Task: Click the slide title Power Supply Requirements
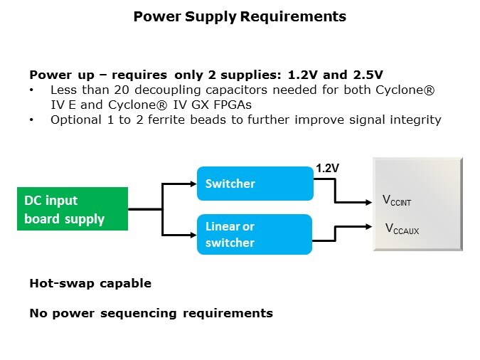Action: pyautogui.click(x=240, y=16)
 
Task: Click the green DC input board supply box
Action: pyautogui.click(x=72, y=209)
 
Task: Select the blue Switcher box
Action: pyautogui.click(x=255, y=184)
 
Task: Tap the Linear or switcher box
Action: pyautogui.click(x=255, y=234)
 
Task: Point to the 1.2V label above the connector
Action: pyautogui.click(x=326, y=168)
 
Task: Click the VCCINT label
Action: pyautogui.click(x=397, y=202)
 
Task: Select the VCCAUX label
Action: pyautogui.click(x=400, y=228)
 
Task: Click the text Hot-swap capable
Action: pyautogui.click(x=90, y=283)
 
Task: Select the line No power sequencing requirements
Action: pyautogui.click(x=151, y=313)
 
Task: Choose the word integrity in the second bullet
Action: pyautogui.click(x=415, y=120)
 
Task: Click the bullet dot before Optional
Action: pyautogui.click(x=32, y=120)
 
